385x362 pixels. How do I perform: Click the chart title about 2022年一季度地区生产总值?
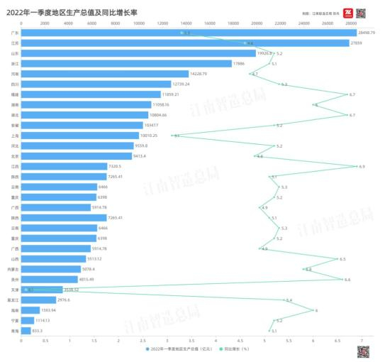(71, 11)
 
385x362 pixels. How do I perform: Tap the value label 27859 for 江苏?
(359, 43)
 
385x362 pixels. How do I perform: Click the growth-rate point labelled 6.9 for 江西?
(357, 166)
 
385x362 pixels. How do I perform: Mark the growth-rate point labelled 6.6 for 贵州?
(342, 279)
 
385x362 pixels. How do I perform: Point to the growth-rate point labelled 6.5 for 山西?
(337, 259)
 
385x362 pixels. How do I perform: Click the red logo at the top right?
(348, 13)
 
